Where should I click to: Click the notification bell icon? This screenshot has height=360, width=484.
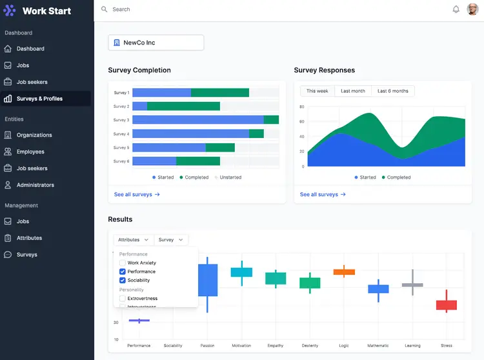coord(456,10)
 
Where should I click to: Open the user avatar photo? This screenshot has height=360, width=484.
coord(472,10)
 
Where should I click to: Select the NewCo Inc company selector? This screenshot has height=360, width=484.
coord(156,43)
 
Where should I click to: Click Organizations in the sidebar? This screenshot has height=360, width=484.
coord(34,135)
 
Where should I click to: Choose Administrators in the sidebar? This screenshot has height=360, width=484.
coord(35,185)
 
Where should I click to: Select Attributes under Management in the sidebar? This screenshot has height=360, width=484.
coord(29,238)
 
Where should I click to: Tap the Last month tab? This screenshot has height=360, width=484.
coord(353,91)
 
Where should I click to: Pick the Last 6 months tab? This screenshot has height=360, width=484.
coord(393,91)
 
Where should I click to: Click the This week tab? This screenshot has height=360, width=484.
coord(317,91)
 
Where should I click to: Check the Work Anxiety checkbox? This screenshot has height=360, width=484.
coord(123,263)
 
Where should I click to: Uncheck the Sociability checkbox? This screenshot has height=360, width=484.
coord(123,281)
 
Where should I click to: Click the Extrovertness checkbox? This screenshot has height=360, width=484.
coord(123,299)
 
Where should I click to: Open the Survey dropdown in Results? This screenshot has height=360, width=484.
coord(171,239)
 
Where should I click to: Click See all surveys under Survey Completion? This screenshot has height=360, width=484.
coord(137,194)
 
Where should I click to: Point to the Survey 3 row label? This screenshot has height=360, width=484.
coord(121,120)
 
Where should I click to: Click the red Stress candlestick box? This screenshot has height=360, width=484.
coord(447,305)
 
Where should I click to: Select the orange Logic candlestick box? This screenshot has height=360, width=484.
coord(344,272)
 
